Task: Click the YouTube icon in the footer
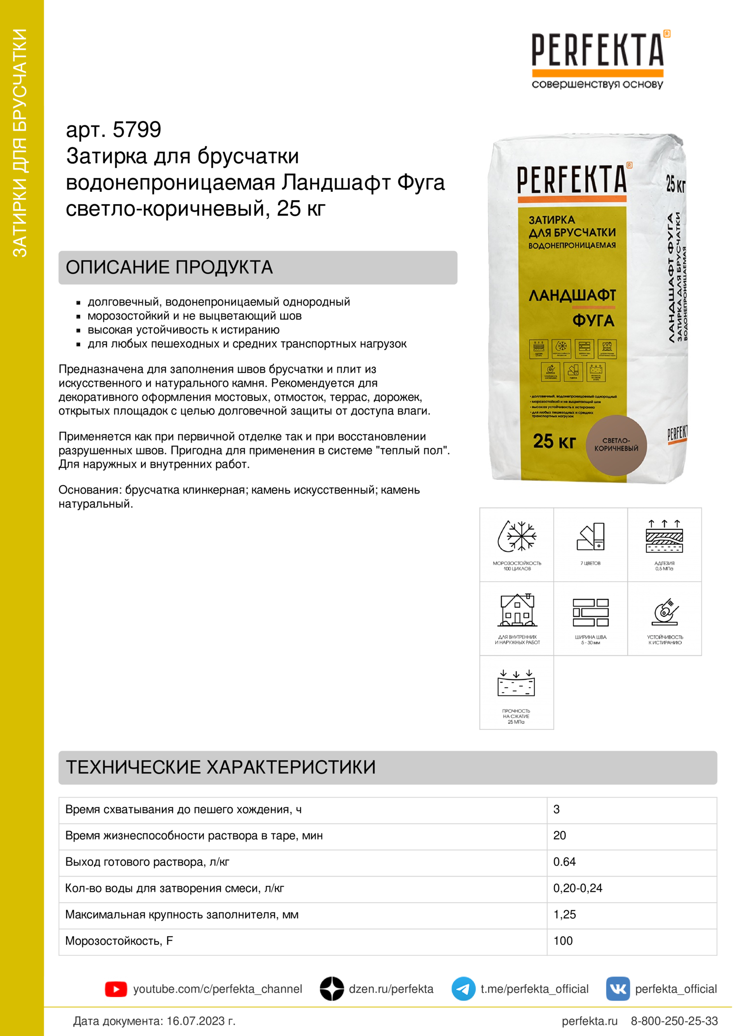(x=116, y=989)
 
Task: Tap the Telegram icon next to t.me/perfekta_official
(x=463, y=989)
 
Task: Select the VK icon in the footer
(x=617, y=989)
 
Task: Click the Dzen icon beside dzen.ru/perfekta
(x=332, y=989)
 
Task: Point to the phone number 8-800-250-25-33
(x=674, y=1021)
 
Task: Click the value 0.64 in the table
(x=564, y=862)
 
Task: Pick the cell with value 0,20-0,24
(x=578, y=888)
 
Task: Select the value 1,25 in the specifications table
(x=564, y=915)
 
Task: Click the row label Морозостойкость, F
(x=119, y=941)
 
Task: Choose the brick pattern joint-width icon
(x=590, y=612)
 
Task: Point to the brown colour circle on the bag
(x=616, y=445)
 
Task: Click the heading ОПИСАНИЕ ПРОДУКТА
(x=169, y=267)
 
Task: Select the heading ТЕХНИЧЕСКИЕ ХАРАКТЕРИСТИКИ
(x=221, y=767)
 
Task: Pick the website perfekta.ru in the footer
(x=589, y=1021)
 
